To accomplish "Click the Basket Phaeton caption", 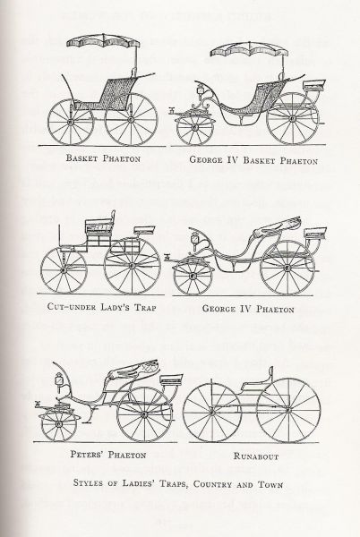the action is point(103,158).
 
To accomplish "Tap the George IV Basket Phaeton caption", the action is point(253,160).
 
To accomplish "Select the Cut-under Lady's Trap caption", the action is point(101,306).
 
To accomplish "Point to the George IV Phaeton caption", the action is point(248,309).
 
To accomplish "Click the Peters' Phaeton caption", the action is point(108,455).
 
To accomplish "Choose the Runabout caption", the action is point(256,456).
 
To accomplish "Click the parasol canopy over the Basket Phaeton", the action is point(103,42).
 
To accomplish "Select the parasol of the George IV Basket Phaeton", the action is point(249,50).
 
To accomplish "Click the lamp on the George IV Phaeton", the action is point(196,238).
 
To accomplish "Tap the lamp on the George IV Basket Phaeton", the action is point(200,90).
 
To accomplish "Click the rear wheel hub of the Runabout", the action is point(288,409).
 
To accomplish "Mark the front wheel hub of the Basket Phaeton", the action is point(70,122).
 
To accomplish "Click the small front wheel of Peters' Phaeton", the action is point(58,424).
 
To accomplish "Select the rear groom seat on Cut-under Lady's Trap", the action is point(144,229).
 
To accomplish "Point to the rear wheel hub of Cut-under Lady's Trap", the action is point(132,265).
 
